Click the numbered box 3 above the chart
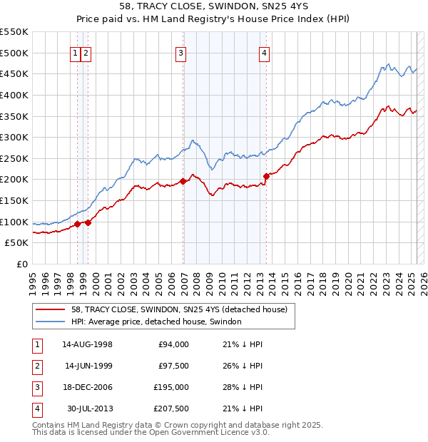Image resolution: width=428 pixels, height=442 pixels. (x=181, y=52)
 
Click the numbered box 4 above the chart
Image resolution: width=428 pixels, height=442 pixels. (x=264, y=52)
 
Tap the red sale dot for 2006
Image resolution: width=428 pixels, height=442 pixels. (x=183, y=181)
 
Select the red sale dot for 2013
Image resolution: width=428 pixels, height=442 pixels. (x=266, y=175)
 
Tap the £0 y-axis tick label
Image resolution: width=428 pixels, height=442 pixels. (x=21, y=264)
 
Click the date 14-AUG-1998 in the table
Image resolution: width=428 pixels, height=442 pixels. (x=88, y=344)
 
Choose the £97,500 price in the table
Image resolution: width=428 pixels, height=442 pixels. (x=173, y=366)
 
